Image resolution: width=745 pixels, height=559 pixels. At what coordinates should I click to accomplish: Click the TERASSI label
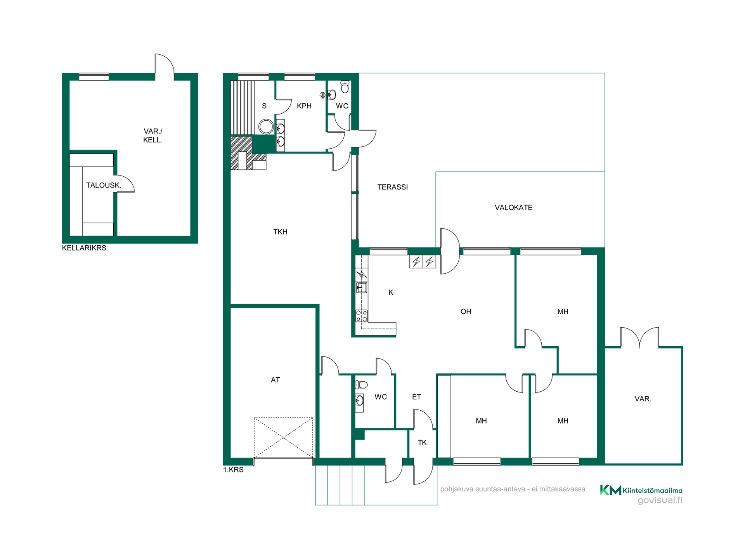pyautogui.click(x=392, y=187)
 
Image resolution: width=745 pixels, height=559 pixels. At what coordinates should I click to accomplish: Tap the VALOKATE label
pyautogui.click(x=513, y=208)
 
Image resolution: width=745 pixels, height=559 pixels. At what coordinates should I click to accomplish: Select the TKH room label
pyautogui.click(x=280, y=232)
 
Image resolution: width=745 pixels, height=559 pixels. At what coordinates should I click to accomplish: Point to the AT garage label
pyautogui.click(x=275, y=380)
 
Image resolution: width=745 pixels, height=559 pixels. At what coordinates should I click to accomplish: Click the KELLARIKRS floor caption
pyautogui.click(x=84, y=248)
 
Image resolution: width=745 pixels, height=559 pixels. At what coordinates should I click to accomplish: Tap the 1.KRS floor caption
pyautogui.click(x=233, y=470)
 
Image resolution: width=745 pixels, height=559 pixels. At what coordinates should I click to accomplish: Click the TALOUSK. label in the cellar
pyautogui.click(x=104, y=186)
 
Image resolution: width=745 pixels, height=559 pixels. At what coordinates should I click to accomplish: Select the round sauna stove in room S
pyautogui.click(x=266, y=127)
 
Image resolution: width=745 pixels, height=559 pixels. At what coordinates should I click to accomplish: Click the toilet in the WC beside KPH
pyautogui.click(x=345, y=87)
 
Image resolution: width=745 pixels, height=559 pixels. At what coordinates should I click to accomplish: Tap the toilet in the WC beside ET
pyautogui.click(x=361, y=385)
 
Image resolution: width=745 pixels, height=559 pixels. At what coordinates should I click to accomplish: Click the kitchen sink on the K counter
pyautogui.click(x=361, y=288)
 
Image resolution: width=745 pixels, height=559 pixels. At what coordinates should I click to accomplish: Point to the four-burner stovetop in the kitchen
pyautogui.click(x=362, y=316)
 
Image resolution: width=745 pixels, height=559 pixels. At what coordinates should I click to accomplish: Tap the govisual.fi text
pyautogui.click(x=660, y=500)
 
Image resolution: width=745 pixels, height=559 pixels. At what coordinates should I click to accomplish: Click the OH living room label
pyautogui.click(x=466, y=312)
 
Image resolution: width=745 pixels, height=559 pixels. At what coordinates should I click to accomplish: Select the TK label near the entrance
pyautogui.click(x=422, y=443)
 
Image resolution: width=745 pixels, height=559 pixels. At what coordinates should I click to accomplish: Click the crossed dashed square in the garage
pyautogui.click(x=283, y=437)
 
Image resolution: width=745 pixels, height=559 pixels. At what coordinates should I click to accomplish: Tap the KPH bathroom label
pyautogui.click(x=304, y=106)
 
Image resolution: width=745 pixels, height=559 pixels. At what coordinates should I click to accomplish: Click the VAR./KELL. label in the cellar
pyautogui.click(x=153, y=135)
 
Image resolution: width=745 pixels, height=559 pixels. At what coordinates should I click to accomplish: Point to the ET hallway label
pyautogui.click(x=416, y=397)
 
